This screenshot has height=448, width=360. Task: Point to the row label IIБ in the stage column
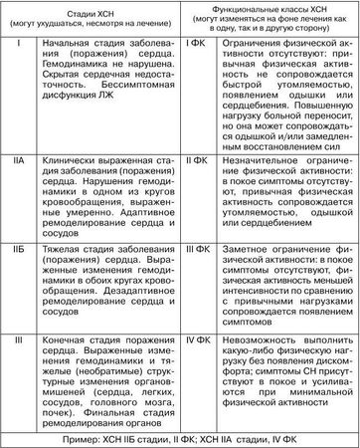click(x=14, y=244)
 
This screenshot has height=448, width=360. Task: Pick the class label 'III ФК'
click(x=200, y=244)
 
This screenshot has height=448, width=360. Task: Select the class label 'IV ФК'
click(x=200, y=343)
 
